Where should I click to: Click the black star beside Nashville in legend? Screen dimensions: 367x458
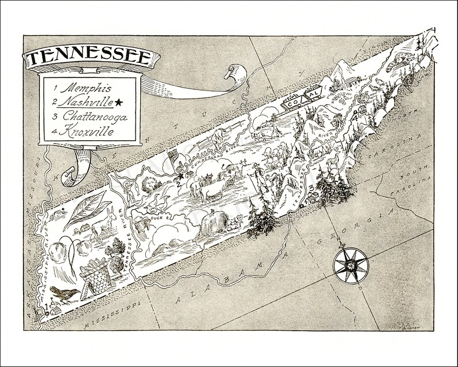click(x=119, y=102)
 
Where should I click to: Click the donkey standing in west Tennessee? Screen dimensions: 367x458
click(x=104, y=226)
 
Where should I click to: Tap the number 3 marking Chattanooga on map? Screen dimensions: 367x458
click(x=311, y=188)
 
